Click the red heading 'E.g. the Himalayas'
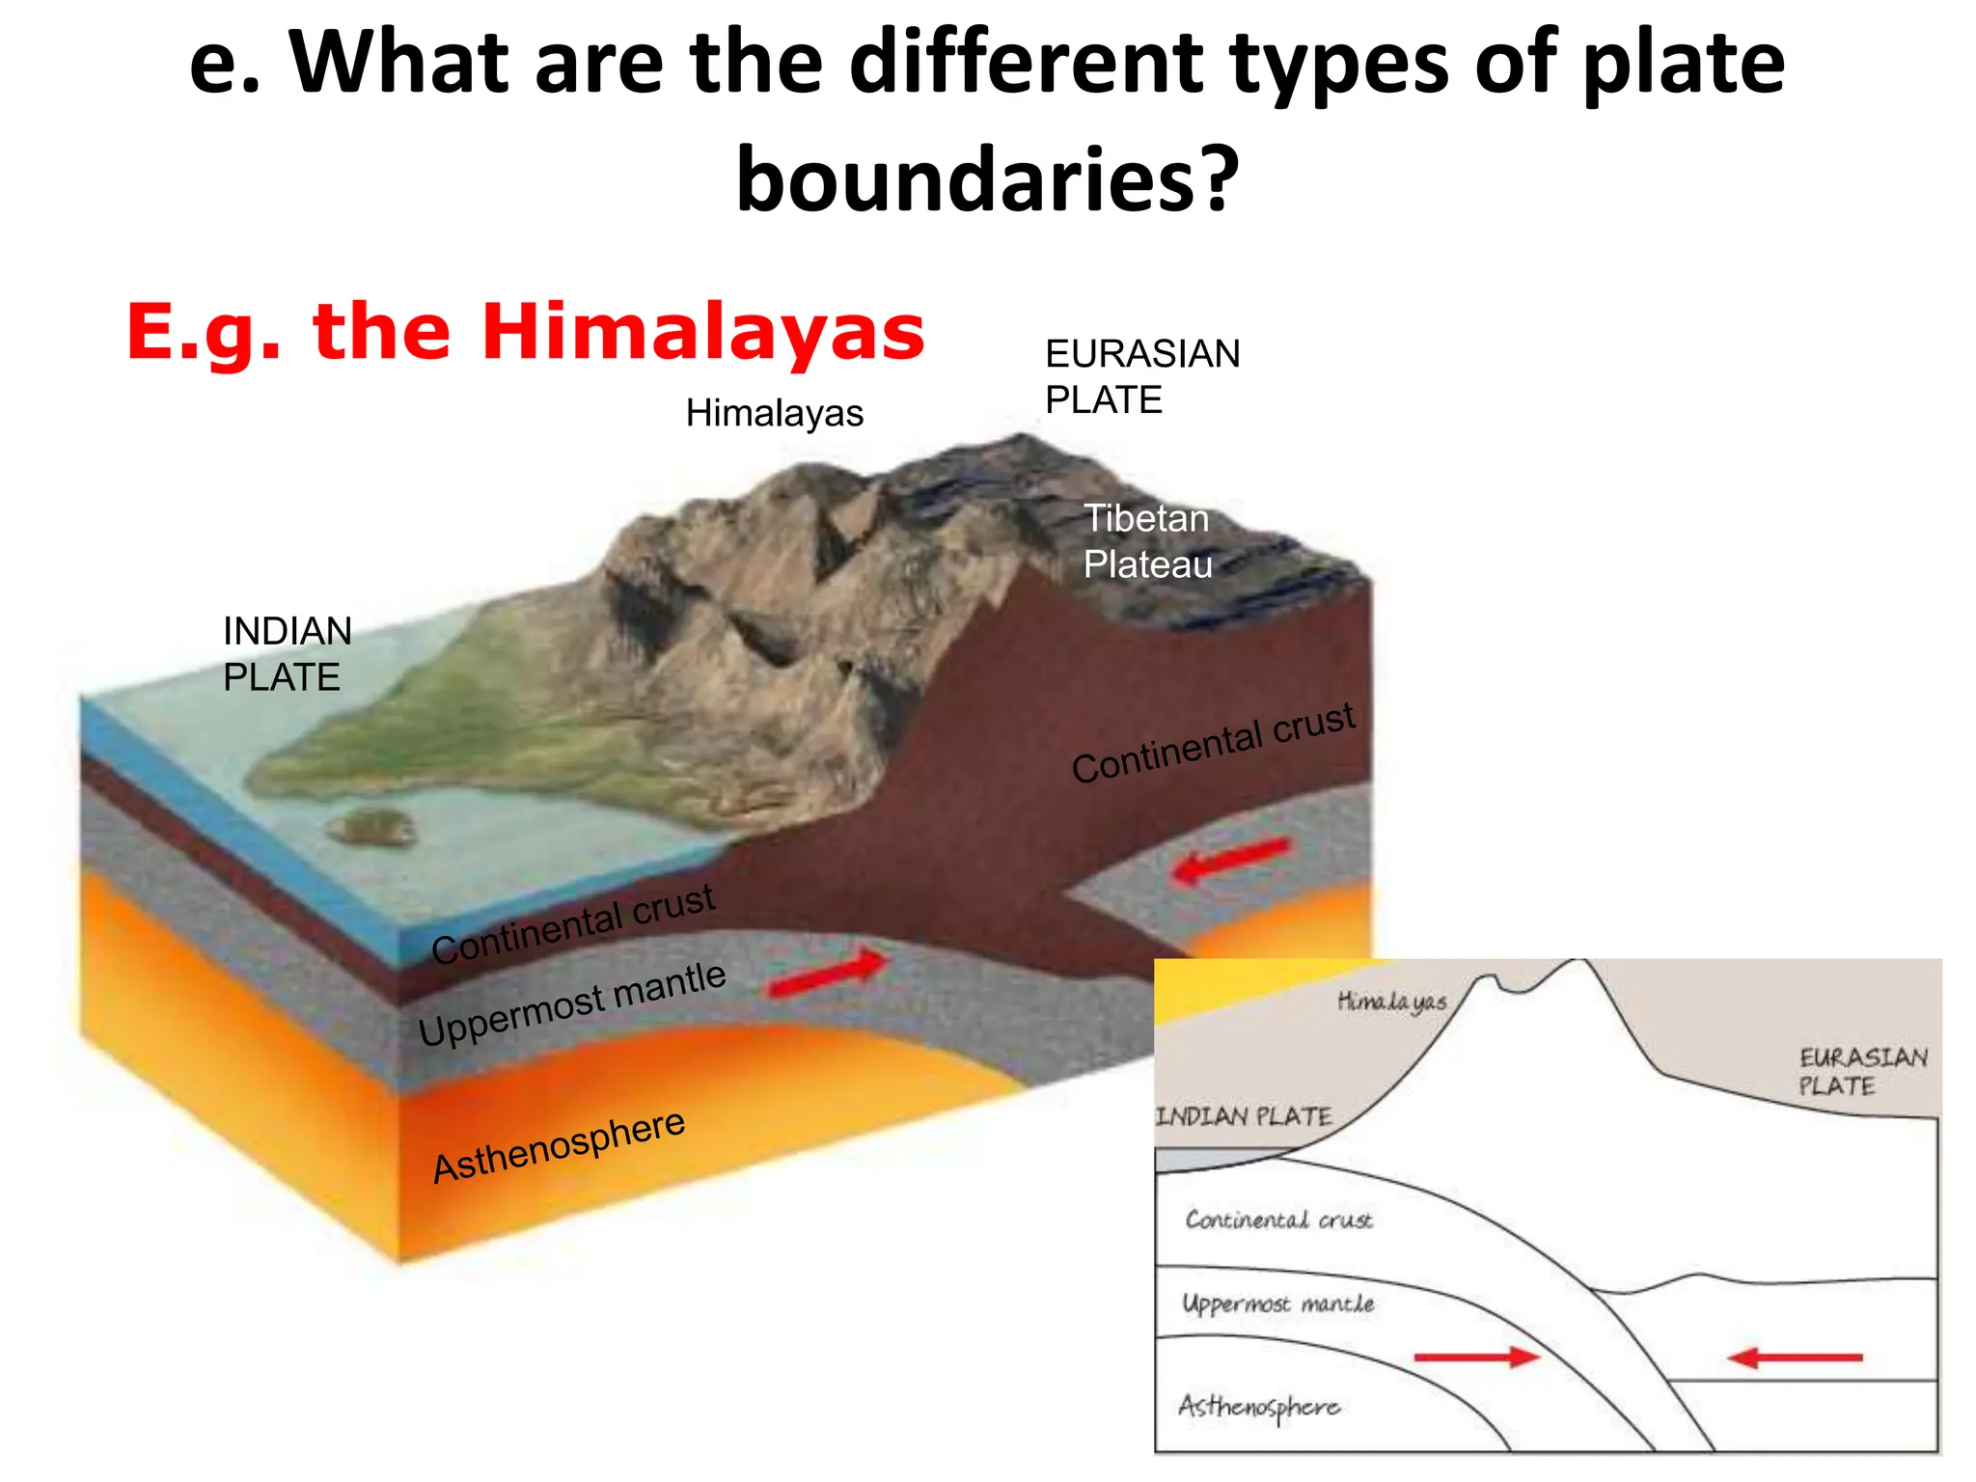526,332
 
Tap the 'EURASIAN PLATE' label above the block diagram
1142,376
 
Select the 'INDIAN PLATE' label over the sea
287,654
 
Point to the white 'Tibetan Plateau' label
1147,541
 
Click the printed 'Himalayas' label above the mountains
774,413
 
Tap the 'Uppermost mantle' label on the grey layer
571,1004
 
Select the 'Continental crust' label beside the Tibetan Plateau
1213,742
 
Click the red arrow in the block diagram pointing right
829,974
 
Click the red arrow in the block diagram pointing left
1230,860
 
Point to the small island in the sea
371,827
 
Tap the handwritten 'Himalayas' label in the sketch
1391,1002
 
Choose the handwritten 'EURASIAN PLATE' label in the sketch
1862,1071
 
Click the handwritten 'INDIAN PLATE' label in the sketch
1244,1116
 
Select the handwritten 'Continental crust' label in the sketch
1278,1220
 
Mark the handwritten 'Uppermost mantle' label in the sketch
1277,1304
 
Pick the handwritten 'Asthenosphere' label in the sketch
1258,1407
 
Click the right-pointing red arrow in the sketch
1476,1358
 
